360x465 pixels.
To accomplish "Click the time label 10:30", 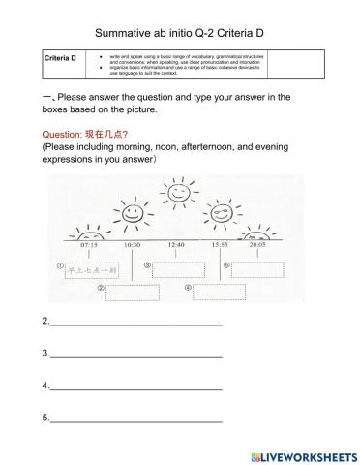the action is (133, 245).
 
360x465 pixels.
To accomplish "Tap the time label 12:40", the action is (176, 245).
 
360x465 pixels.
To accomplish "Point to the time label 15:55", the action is (220, 245).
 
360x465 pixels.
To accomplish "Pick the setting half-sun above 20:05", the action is (257, 233).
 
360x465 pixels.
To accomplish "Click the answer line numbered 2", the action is (135, 323).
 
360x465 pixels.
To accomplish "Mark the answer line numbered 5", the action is (135, 419).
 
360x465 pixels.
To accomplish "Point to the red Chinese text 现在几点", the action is (121, 134).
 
